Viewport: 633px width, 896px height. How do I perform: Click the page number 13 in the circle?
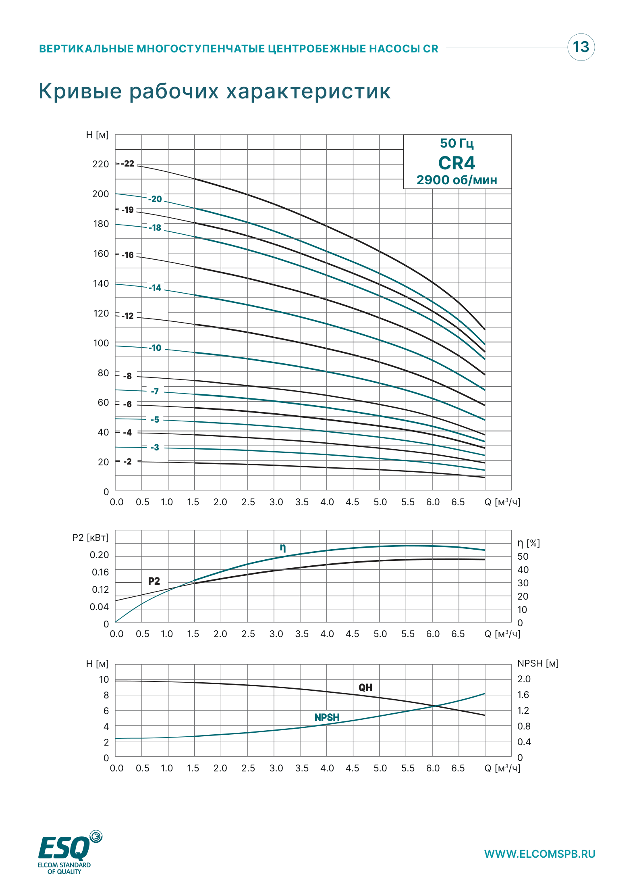581,47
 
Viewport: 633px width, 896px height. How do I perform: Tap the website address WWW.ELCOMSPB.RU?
540,854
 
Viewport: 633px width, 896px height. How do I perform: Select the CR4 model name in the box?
457,163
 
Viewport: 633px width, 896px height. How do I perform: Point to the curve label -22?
128,164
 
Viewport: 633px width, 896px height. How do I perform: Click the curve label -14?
155,288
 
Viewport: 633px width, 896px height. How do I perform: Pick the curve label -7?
155,391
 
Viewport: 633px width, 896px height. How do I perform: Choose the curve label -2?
127,461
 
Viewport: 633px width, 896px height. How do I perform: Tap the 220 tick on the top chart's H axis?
101,164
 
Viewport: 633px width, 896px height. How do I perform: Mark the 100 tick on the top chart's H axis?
101,343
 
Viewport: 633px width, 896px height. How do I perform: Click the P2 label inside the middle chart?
154,581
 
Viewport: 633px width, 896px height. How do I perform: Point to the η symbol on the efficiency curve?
283,548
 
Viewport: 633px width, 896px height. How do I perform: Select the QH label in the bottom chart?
365,688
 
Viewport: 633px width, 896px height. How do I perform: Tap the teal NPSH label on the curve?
327,717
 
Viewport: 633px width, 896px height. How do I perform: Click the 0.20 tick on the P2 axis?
100,555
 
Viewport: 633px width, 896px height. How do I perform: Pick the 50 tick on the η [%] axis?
523,556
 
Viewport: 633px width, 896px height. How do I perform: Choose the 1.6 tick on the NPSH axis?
523,695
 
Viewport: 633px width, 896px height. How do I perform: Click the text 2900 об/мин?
457,180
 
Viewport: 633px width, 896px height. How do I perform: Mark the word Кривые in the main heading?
80,91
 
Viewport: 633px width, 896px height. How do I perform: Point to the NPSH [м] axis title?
538,663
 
